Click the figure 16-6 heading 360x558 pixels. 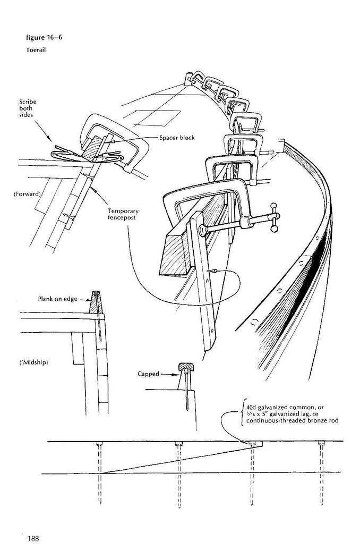coord(44,37)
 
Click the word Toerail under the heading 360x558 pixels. coord(36,50)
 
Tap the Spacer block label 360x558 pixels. coord(177,138)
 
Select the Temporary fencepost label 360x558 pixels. coord(123,214)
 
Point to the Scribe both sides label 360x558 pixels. coord(28,108)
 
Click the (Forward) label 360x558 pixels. coord(28,195)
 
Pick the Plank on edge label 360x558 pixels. coord(58,299)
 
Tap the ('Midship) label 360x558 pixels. coord(33,362)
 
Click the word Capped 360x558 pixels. coord(148,374)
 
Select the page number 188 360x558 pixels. coord(33,538)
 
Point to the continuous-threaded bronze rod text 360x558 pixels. coord(292,421)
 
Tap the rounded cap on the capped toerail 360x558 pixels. coord(185,367)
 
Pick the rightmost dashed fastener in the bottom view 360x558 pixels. coord(322,473)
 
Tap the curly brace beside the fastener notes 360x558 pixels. coord(242,413)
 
